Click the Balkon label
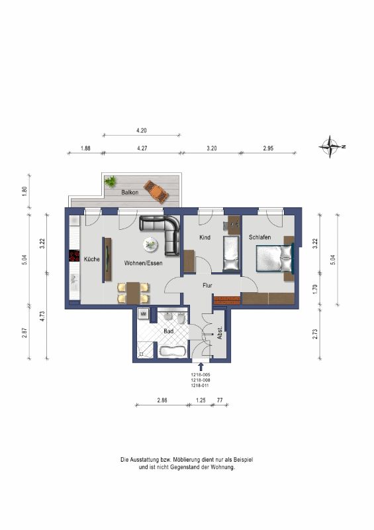pos(130,192)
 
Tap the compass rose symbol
pos(331,146)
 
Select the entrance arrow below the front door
pos(201,367)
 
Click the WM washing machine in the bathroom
pos(143,313)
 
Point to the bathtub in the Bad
pos(172,352)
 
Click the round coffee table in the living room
pos(150,244)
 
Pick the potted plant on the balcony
pos(110,182)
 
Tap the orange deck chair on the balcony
pos(156,191)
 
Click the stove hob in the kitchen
pos(74,256)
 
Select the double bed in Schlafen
pos(274,258)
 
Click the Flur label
pos(207,286)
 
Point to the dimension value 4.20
pos(141,130)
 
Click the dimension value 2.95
pos(268,148)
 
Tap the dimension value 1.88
pos(85,148)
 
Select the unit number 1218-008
pos(201,380)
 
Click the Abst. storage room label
pos(220,333)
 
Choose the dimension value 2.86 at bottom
pos(162,400)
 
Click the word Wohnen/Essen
pos(143,263)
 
